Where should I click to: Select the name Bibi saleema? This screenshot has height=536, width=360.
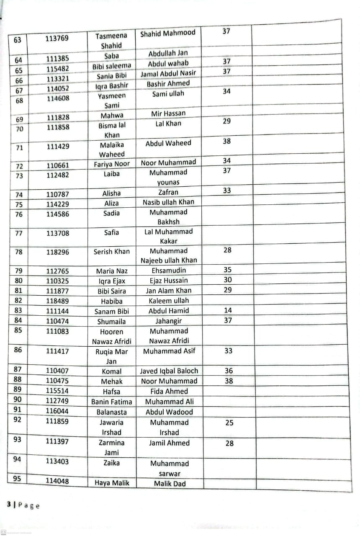[112, 66]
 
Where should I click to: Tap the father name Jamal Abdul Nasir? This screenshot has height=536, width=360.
[168, 73]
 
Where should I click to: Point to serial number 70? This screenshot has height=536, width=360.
[20, 129]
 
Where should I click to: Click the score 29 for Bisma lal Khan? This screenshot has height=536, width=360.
[227, 121]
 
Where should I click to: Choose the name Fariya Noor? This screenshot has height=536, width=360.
[112, 164]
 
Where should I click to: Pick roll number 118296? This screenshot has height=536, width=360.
[58, 252]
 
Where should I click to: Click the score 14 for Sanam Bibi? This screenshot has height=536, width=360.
[228, 310]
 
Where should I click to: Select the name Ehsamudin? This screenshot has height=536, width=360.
[169, 271]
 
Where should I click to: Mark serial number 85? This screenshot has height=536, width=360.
[18, 330]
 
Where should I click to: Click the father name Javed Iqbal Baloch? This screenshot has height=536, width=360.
[169, 371]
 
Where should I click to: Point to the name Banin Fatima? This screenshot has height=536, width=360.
[112, 402]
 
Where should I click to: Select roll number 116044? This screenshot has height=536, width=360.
[57, 412]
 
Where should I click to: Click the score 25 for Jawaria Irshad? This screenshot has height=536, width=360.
[229, 423]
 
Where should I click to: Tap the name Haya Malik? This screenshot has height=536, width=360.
[112, 483]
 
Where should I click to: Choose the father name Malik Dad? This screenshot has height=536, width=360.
[170, 484]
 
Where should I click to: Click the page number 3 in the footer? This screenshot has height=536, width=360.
[9, 505]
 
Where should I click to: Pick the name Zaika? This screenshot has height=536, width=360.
[112, 463]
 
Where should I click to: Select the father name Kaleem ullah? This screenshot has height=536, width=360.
[169, 301]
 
